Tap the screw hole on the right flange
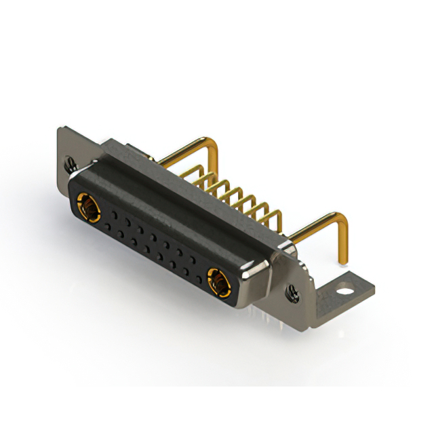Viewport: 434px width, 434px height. pos(294,293)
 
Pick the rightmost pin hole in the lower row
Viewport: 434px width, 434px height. pos(197,274)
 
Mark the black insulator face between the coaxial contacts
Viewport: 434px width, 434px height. pos(153,241)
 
